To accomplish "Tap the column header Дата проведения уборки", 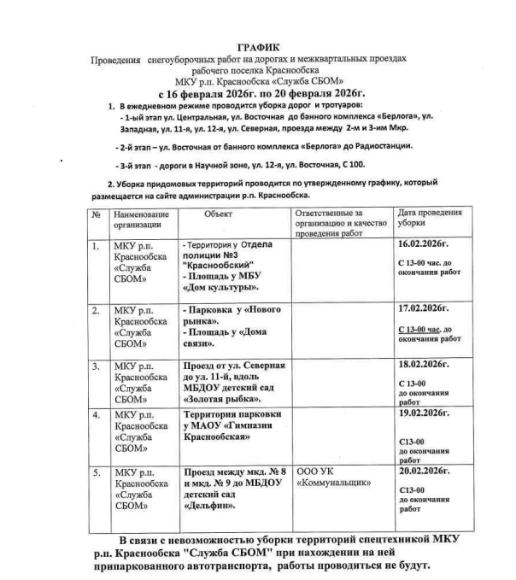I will pyautogui.click(x=431, y=217).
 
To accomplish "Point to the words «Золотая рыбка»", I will pyautogui.click(x=222, y=397).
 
